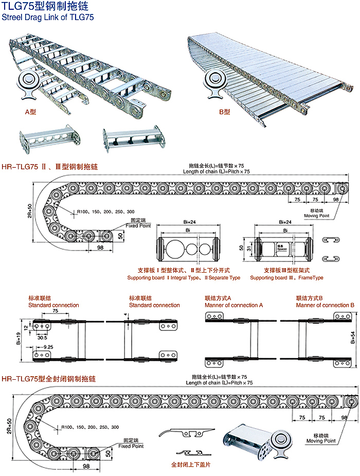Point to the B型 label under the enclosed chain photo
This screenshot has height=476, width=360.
(x=224, y=111)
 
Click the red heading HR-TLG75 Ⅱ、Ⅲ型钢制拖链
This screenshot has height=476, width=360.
(x=49, y=167)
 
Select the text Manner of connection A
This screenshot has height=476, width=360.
(x=233, y=305)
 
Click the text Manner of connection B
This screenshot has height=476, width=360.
(x=325, y=305)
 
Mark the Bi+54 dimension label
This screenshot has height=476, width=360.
(x=353, y=337)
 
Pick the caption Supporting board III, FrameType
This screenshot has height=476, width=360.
(x=286, y=278)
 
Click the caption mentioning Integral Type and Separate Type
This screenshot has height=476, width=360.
(x=184, y=278)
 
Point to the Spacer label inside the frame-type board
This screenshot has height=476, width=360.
(x=281, y=248)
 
